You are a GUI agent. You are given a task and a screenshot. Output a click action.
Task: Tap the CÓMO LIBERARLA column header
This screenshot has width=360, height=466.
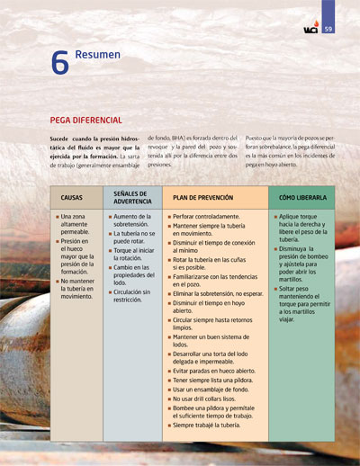[x=302, y=197]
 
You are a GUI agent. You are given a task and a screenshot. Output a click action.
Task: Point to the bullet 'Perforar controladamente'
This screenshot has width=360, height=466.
[x=206, y=216]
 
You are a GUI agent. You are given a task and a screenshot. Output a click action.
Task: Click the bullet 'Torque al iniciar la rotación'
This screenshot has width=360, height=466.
[x=137, y=255]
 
